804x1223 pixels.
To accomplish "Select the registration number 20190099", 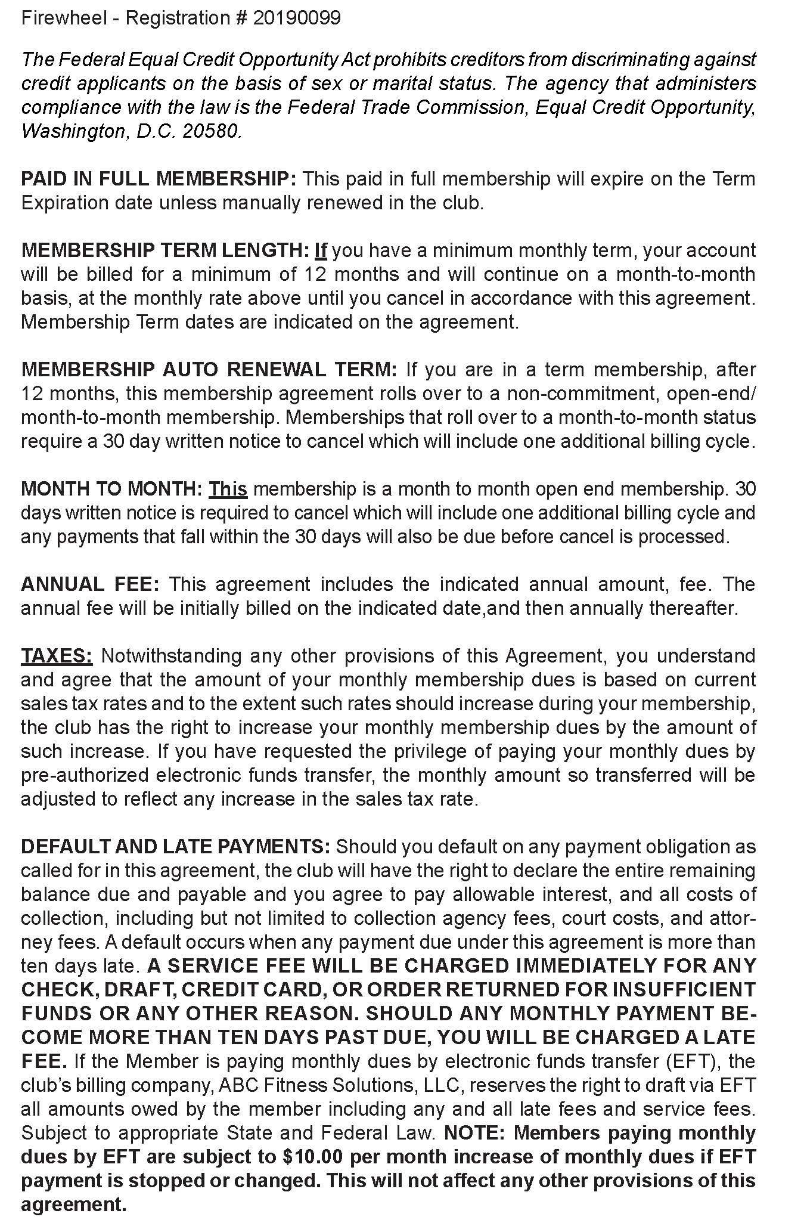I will pos(297,18).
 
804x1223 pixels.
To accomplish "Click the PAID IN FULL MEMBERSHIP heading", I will pos(159,179).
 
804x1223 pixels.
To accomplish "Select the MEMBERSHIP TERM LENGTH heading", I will pos(165,250).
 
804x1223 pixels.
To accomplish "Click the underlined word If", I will pos(321,250).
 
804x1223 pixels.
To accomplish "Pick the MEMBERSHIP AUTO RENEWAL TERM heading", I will pos(209,370).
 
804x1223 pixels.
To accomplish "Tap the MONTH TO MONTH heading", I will pos(111,489).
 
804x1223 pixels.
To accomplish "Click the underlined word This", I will pos(228,489).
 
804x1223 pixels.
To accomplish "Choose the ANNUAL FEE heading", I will pos(90,584).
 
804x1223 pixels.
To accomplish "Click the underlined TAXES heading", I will pos(57,656).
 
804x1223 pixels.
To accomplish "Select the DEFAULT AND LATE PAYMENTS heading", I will pos(175,847).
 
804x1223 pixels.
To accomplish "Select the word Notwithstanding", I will pos(171,656).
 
